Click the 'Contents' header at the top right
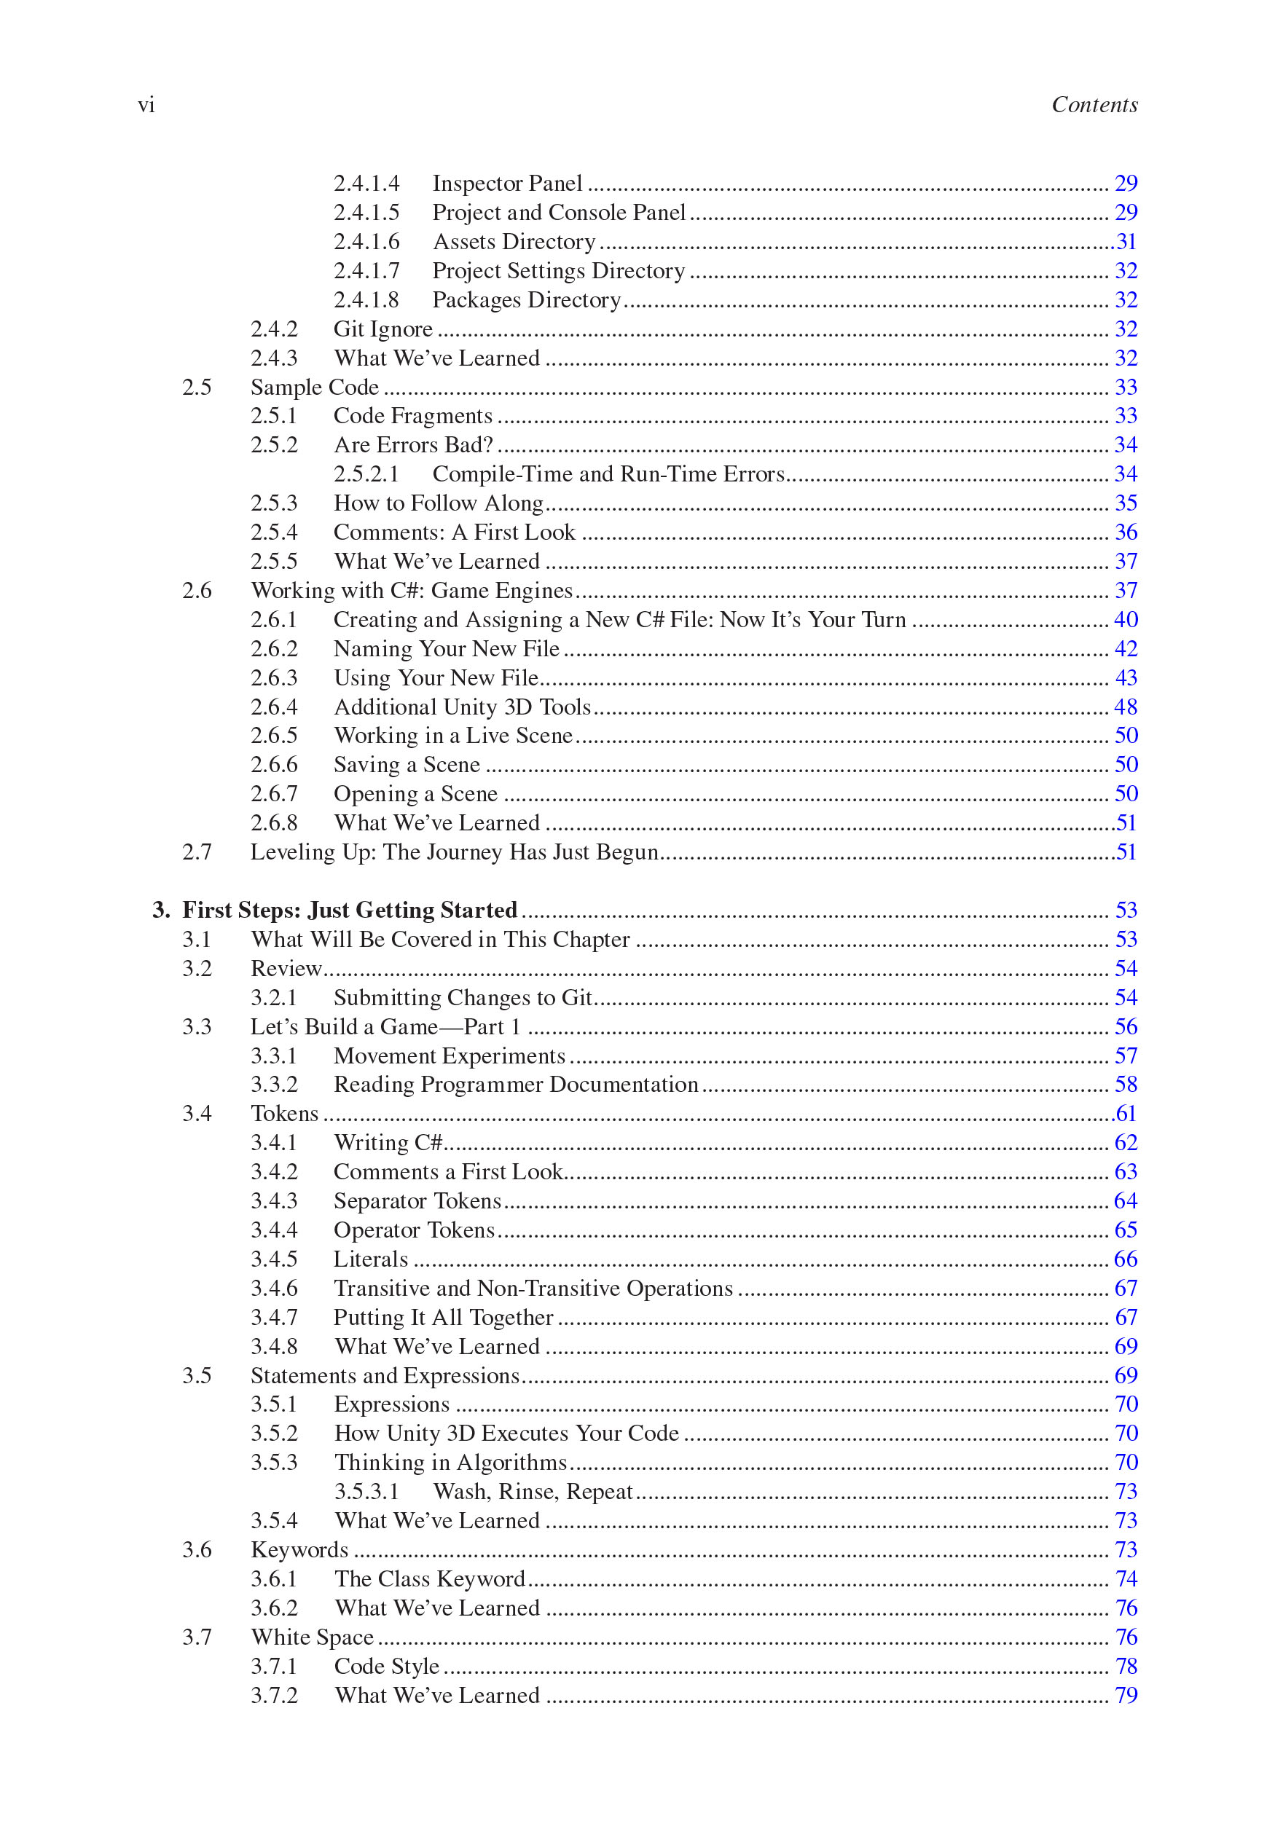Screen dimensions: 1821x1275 [1094, 105]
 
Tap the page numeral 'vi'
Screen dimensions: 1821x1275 [146, 105]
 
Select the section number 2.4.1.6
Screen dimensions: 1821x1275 [366, 241]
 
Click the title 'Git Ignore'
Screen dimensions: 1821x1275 [382, 329]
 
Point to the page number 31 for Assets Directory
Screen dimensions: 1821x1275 [1126, 241]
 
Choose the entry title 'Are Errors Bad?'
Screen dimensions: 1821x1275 [412, 445]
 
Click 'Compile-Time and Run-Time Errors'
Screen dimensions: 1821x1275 [608, 474]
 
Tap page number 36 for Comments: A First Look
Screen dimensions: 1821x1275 [1126, 532]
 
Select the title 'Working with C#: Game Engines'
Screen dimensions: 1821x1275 [411, 591]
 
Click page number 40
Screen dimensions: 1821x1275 [1126, 619]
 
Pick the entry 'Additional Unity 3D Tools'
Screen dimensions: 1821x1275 [462, 707]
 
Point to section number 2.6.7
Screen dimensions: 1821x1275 [274, 794]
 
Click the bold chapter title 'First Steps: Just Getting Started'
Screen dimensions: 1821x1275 [349, 910]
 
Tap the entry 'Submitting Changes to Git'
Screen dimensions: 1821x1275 [463, 998]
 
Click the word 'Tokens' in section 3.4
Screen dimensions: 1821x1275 [284, 1114]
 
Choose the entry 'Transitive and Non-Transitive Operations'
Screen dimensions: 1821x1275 [533, 1288]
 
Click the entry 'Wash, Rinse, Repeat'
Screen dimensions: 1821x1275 [533, 1492]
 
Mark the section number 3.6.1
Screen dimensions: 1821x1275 [274, 1579]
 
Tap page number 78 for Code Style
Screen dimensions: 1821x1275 [1126, 1667]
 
